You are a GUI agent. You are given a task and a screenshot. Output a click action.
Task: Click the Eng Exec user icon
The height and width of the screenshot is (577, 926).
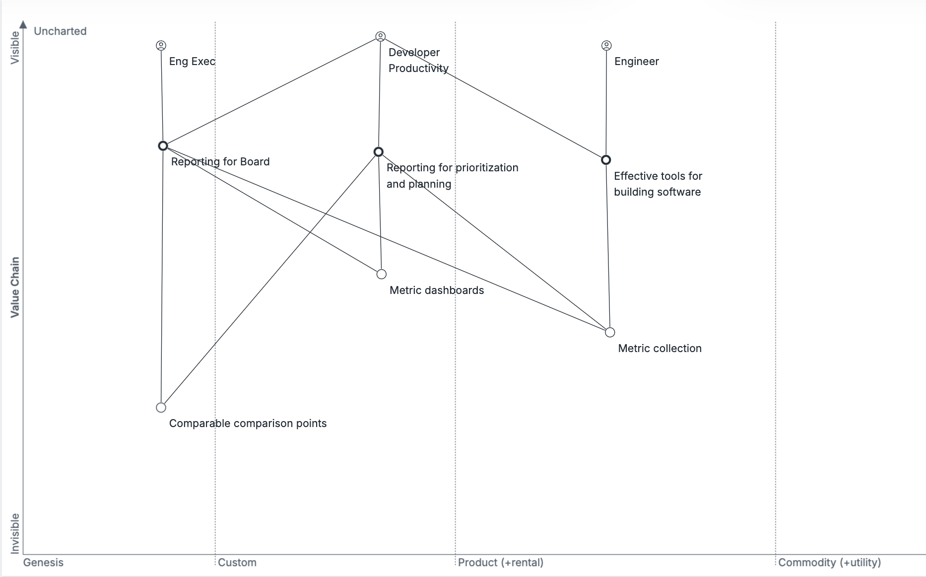[161, 46]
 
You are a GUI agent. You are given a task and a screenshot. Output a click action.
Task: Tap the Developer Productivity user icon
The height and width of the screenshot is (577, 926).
[380, 37]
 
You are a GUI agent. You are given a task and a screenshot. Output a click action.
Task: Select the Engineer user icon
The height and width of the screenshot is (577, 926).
[606, 46]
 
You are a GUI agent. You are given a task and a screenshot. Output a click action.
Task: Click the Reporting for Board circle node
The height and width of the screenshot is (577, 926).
[163, 146]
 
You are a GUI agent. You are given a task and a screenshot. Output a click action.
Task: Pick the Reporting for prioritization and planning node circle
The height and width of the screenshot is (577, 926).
[379, 152]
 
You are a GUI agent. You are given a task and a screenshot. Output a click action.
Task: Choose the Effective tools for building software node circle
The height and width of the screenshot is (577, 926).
[606, 160]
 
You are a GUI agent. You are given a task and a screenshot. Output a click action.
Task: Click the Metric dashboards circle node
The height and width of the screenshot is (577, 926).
[382, 274]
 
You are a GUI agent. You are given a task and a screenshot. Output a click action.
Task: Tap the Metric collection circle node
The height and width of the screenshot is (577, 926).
[610, 332]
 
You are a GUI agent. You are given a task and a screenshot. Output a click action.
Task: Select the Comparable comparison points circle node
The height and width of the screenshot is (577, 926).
[161, 408]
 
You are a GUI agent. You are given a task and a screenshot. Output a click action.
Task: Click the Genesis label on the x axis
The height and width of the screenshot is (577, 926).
[43, 563]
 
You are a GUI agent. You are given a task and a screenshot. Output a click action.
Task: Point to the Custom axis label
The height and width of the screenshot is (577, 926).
[237, 563]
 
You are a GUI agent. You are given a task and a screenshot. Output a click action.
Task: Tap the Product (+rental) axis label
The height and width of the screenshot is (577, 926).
[500, 563]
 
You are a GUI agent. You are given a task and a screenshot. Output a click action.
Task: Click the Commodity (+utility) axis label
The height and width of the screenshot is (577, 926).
[829, 563]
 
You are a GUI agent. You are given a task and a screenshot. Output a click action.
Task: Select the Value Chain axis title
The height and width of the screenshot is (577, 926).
[15, 287]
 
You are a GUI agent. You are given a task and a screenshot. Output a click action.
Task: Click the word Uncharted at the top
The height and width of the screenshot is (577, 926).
[60, 31]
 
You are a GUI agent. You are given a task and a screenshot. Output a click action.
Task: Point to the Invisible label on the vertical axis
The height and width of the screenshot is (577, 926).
[15, 533]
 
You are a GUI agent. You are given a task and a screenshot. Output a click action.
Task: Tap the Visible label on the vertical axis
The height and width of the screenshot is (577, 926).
[15, 48]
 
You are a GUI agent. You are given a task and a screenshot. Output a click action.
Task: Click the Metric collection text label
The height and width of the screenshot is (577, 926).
[660, 349]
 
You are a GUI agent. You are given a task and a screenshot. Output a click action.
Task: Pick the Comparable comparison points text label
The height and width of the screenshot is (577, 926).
[248, 424]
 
